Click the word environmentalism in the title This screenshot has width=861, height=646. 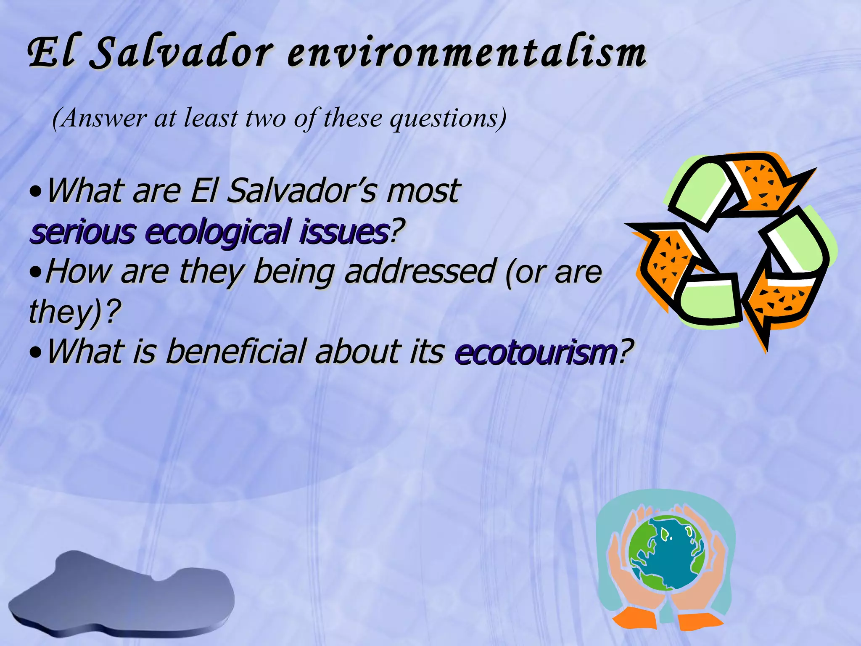[x=467, y=54]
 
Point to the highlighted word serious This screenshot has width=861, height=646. [x=83, y=232]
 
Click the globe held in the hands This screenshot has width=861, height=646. [x=667, y=553]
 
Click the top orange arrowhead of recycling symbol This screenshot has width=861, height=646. [x=769, y=185]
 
